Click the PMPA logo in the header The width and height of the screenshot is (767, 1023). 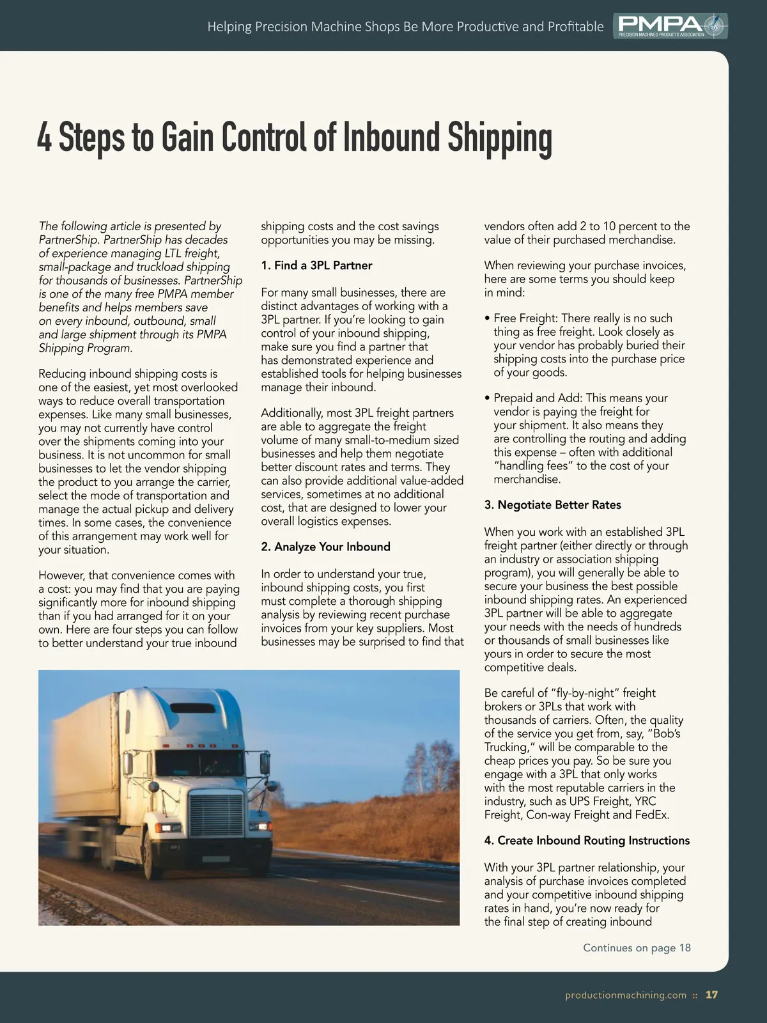point(670,26)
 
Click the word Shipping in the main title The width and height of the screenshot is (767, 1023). point(499,138)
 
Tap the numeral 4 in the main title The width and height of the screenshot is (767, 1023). point(44,138)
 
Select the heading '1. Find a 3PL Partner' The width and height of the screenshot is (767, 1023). point(316,265)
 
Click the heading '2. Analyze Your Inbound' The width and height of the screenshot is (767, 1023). point(325,547)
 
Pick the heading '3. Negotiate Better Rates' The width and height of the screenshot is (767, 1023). point(552,505)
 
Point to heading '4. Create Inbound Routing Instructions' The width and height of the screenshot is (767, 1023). point(587,841)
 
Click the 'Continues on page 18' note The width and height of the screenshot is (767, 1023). point(637,948)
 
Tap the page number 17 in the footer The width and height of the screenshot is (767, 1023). point(711,995)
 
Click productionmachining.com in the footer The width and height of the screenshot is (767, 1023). point(626,995)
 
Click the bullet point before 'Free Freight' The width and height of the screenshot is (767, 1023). point(488,318)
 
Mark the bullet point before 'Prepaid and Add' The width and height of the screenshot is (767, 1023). point(488,398)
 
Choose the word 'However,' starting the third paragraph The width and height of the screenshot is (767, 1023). point(62,575)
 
